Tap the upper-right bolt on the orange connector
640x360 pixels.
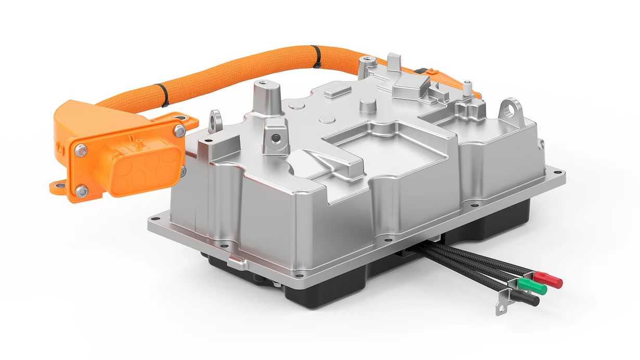[180, 130]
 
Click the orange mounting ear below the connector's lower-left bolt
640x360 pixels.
[56, 186]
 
